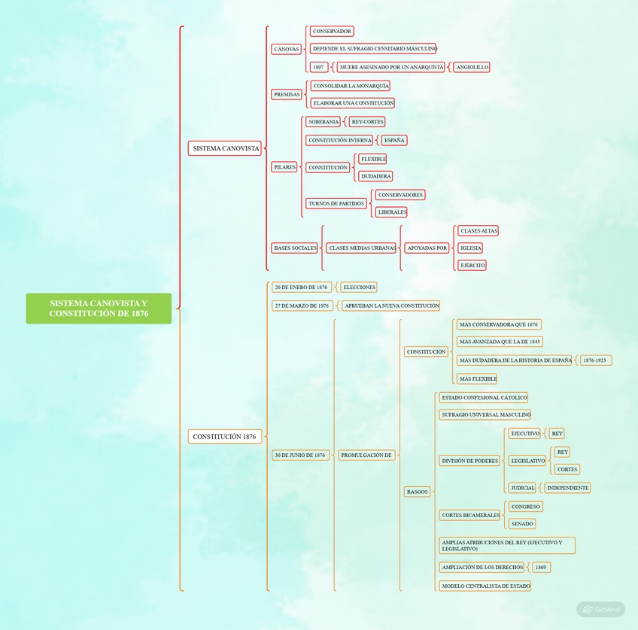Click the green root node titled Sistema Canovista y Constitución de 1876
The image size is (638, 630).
click(99, 309)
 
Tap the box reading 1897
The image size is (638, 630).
click(318, 67)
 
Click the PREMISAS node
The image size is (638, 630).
click(287, 95)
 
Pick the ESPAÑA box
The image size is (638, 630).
click(393, 140)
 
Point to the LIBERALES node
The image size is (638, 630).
click(391, 212)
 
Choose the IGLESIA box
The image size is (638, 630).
click(470, 248)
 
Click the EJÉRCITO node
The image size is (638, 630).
click(472, 265)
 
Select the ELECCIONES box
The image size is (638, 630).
click(358, 287)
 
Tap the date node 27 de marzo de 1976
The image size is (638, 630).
click(302, 306)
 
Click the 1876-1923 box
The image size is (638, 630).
click(595, 360)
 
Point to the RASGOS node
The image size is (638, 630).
click(417, 492)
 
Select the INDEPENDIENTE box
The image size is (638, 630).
click(567, 488)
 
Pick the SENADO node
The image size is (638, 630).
click(522, 523)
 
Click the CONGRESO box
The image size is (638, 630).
click(526, 507)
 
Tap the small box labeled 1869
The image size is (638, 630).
click(541, 567)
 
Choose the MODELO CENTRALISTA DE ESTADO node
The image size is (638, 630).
click(485, 586)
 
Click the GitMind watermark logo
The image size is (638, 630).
click(600, 610)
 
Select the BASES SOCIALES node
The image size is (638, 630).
click(295, 248)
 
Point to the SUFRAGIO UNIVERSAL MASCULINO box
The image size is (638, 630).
click(485, 415)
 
